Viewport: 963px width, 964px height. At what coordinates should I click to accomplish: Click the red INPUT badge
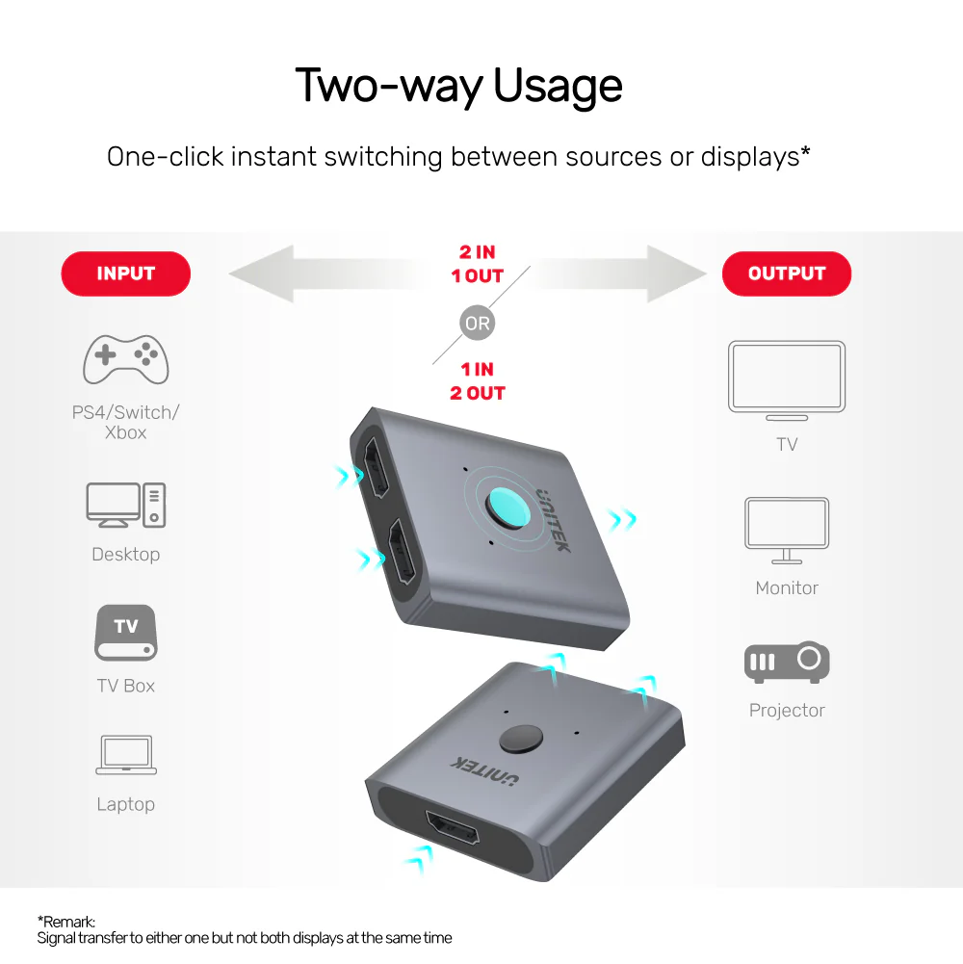125,274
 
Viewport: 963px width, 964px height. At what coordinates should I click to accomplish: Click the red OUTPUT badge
787,274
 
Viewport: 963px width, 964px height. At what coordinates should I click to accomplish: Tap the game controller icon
125,359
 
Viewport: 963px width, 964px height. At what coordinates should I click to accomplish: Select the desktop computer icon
125,505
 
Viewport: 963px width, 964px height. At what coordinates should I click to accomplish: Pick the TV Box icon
125,633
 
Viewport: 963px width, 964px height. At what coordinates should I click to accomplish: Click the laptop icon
126,754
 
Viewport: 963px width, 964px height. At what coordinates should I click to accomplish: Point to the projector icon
787,662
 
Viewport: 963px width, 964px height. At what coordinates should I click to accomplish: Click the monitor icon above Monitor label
787,530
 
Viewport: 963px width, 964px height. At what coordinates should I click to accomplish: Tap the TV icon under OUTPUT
787,380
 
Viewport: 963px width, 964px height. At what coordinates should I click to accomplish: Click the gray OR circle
478,323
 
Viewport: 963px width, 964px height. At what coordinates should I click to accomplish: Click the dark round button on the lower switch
521,739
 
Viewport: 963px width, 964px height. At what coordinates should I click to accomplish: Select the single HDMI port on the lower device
453,827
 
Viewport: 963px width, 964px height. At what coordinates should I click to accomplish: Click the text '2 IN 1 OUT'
478,264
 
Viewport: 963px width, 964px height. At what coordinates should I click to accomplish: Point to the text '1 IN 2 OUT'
478,381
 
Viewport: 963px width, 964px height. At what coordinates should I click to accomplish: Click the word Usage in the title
558,86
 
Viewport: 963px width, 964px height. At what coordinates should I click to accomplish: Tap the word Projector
787,710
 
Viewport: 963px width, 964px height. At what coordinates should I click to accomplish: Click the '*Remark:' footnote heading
66,922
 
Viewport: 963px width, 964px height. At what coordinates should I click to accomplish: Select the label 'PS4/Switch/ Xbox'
125,422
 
